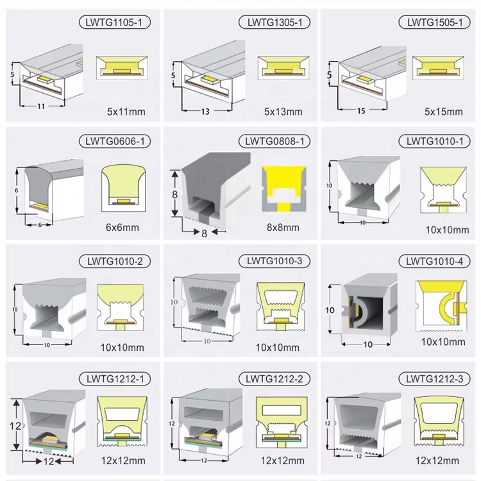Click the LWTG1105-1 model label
tap(114, 22)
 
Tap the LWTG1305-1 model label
tap(274, 22)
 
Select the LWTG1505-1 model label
tap(435, 22)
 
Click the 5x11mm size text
tap(126, 112)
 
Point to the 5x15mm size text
tap(444, 112)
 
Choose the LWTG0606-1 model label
tap(115, 142)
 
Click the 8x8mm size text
tap(283, 227)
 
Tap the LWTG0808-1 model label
tap(274, 142)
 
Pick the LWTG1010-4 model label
tap(435, 262)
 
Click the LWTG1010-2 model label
tap(115, 262)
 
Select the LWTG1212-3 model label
tap(435, 379)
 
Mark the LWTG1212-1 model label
tap(115, 379)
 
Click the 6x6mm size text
tap(122, 227)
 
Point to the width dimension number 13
tap(205, 112)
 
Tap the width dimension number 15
tap(361, 111)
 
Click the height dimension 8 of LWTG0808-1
tap(174, 194)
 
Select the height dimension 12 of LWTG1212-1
tap(15, 426)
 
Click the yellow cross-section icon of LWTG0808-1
tap(284, 189)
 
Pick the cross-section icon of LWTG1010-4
tap(441, 306)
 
